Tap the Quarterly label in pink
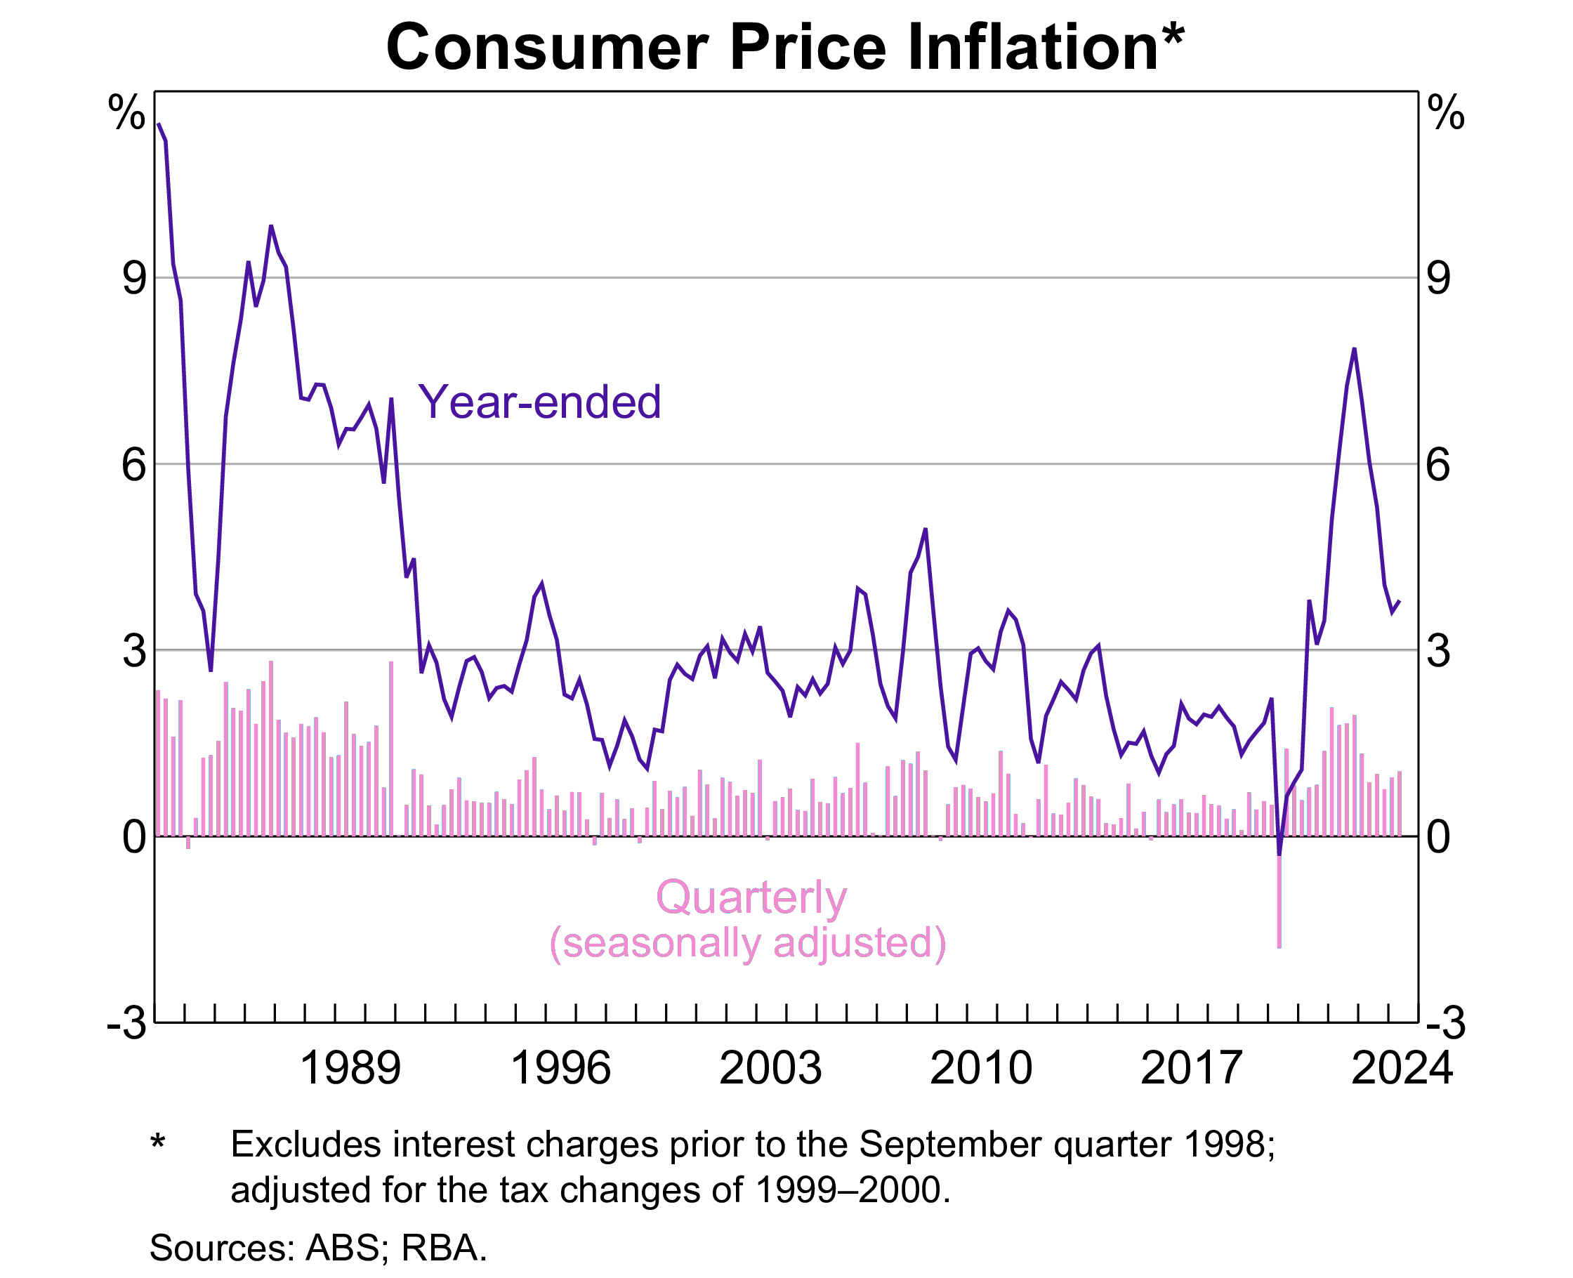[751, 897]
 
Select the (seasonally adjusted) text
[748, 942]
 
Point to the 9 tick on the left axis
[134, 278]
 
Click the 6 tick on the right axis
[1437, 465]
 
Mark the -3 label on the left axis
[126, 1022]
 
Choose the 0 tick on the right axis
[1437, 837]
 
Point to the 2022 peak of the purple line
[1354, 349]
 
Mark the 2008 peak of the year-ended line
[926, 529]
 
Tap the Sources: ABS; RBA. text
[318, 1248]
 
